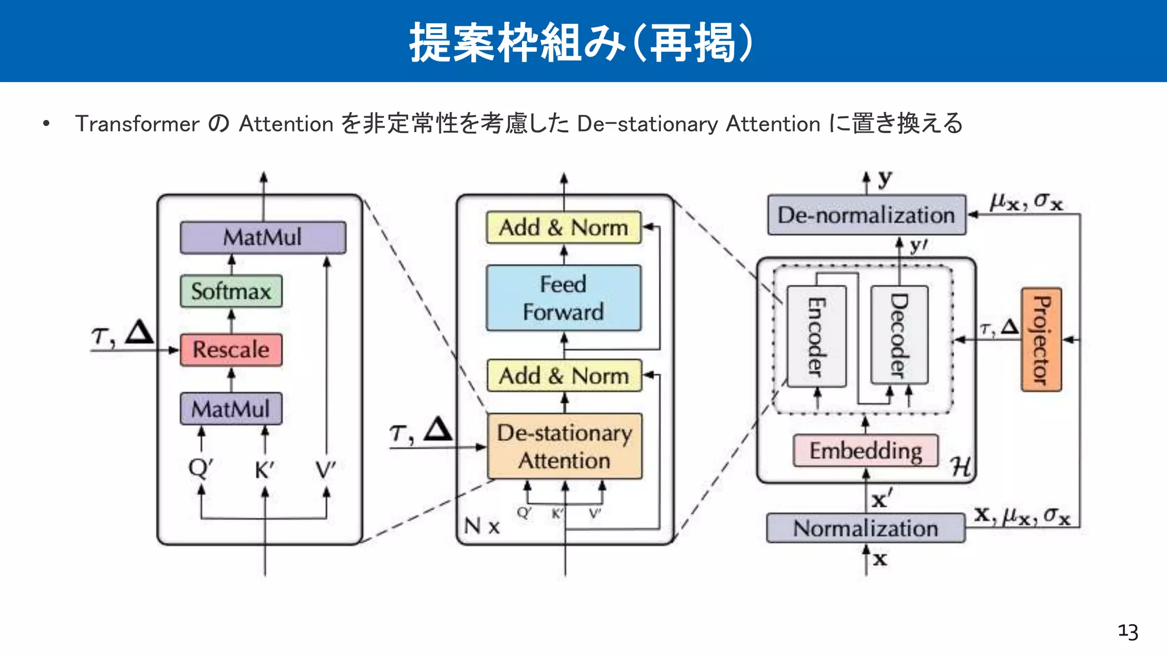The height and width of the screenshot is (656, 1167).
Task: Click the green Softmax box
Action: click(231, 291)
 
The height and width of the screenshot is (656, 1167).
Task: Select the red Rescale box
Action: click(231, 349)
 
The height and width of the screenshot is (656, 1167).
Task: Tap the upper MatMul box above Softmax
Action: click(263, 237)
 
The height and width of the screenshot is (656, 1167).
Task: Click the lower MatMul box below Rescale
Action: click(231, 408)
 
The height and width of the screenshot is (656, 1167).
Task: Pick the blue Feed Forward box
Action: click(564, 298)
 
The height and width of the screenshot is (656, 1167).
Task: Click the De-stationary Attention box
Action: click(564, 446)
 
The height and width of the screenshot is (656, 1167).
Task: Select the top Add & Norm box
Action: click(564, 227)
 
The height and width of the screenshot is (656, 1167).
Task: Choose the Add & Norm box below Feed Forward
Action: click(564, 375)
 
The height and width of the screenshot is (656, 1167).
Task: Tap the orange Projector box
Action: click(1041, 339)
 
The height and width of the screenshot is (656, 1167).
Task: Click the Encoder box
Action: click(816, 337)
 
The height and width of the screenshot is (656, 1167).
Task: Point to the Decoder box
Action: click(899, 335)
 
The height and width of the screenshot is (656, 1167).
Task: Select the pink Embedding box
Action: click(866, 450)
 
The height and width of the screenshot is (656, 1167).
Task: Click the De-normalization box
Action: click(866, 215)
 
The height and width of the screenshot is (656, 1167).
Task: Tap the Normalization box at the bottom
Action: click(866, 528)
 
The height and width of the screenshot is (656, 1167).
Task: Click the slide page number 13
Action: click(1128, 632)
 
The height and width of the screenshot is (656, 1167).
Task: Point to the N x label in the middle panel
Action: click(482, 526)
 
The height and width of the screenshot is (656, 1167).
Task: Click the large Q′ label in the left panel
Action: click(201, 468)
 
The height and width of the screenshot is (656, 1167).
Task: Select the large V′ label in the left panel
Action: click(326, 470)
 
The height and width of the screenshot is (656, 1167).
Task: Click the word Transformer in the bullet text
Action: click(137, 124)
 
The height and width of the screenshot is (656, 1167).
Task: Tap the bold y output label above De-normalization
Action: click(884, 179)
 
